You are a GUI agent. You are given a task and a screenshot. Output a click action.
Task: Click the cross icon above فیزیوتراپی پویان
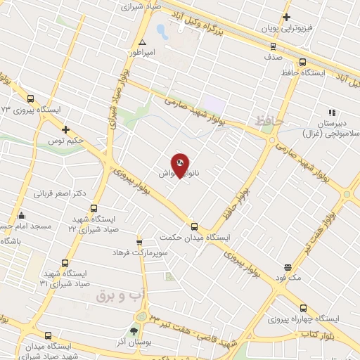(286, 17)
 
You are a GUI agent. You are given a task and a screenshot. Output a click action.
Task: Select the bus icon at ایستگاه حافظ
(302, 61)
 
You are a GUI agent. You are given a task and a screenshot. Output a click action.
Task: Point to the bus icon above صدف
(273, 46)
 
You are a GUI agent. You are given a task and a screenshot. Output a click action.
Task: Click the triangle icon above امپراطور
(142, 41)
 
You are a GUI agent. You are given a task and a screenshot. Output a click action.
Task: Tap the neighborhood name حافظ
(269, 122)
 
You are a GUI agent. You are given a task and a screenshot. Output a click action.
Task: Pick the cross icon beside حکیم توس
(65, 129)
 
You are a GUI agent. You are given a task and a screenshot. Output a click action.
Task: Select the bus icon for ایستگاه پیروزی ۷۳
(30, 99)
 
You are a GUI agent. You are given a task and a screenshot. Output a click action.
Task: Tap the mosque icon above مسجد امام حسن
(22, 215)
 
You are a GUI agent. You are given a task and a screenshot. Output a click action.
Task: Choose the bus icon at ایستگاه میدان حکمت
(195, 226)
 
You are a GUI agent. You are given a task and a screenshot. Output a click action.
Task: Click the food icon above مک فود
(288, 267)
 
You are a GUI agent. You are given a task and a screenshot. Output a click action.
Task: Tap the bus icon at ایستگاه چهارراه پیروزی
(303, 307)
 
